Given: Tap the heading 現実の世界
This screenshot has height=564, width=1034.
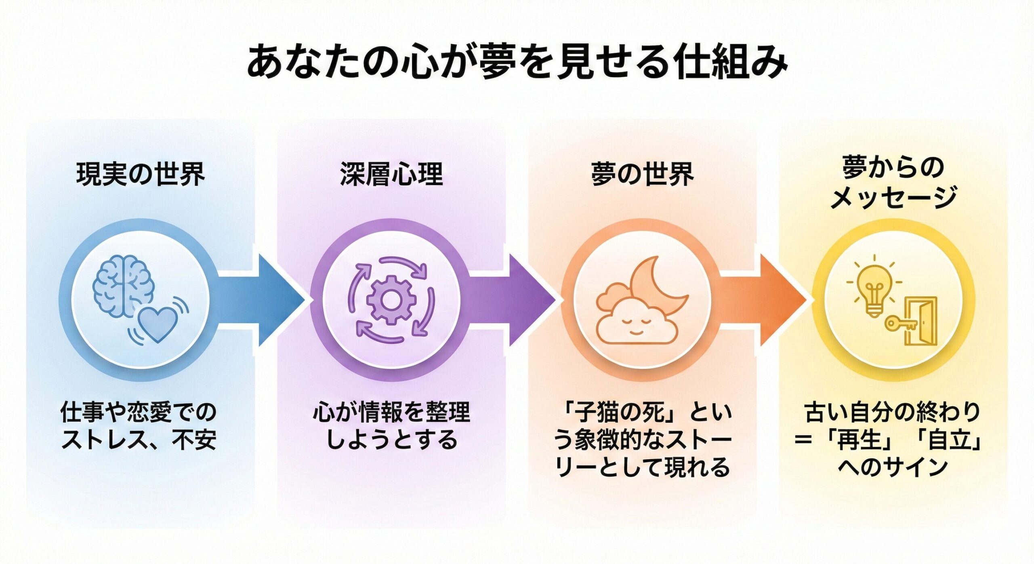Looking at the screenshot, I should (141, 174).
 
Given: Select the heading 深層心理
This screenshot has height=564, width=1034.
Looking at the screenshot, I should (391, 174).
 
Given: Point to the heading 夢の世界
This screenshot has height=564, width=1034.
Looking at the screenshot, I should (642, 174).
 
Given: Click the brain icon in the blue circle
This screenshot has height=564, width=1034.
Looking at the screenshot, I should (122, 285).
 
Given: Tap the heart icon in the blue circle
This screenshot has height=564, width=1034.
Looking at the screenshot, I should (157, 323).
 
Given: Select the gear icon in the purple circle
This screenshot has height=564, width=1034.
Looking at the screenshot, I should (391, 299).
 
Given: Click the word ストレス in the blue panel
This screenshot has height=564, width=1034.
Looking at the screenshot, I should (103, 440).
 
